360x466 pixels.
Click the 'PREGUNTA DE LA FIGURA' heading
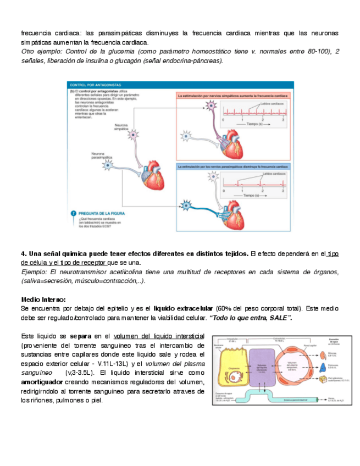[x=102, y=213]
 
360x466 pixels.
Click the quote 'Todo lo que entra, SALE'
[x=251, y=318]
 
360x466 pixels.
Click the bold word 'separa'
[x=81, y=336]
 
